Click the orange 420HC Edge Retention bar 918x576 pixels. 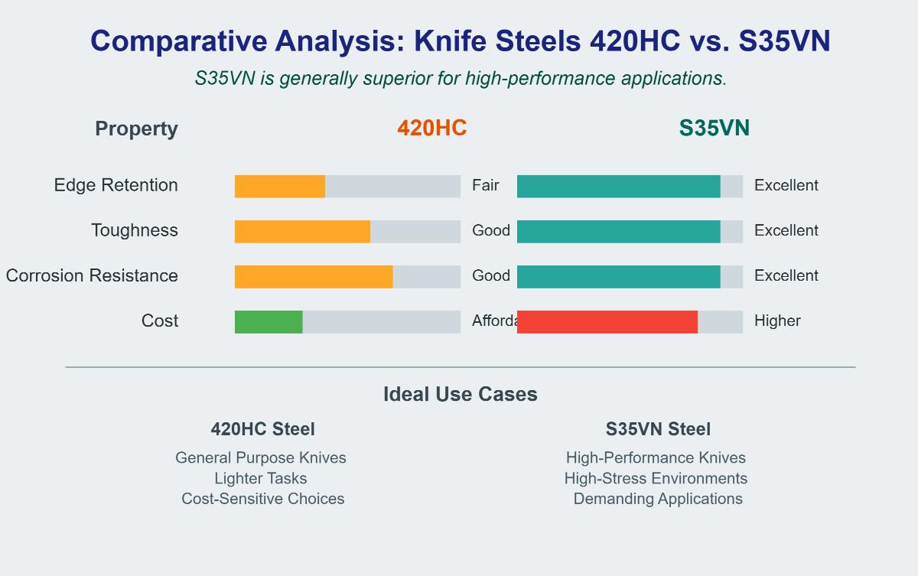pyautogui.click(x=280, y=187)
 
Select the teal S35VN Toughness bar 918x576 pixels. pyautogui.click(x=618, y=231)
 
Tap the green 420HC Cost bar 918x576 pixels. pyautogui.click(x=269, y=322)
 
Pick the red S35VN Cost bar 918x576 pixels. pyautogui.click(x=607, y=322)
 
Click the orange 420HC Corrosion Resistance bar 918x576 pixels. pyautogui.click(x=314, y=277)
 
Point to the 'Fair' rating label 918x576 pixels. pyautogui.click(x=485, y=186)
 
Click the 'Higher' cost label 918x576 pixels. pyautogui.click(x=777, y=321)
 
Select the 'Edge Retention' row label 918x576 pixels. pyautogui.click(x=116, y=186)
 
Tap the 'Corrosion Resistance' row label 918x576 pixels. pyautogui.click(x=92, y=276)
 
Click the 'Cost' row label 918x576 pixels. pyautogui.click(x=160, y=321)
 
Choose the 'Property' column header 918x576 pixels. pyautogui.click(x=136, y=129)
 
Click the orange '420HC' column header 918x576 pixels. pyautogui.click(x=431, y=129)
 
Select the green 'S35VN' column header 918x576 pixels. pyautogui.click(x=714, y=129)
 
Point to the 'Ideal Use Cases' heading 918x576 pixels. pyautogui.click(x=460, y=395)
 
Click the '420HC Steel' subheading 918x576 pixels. pyautogui.click(x=262, y=430)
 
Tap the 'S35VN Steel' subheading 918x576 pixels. pyautogui.click(x=658, y=430)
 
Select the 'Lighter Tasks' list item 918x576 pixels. pyautogui.click(x=261, y=479)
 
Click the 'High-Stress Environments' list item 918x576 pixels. pyautogui.click(x=656, y=479)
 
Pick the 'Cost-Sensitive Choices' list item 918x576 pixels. pyautogui.click(x=262, y=500)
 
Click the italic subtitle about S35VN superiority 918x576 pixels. pyautogui.click(x=461, y=79)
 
